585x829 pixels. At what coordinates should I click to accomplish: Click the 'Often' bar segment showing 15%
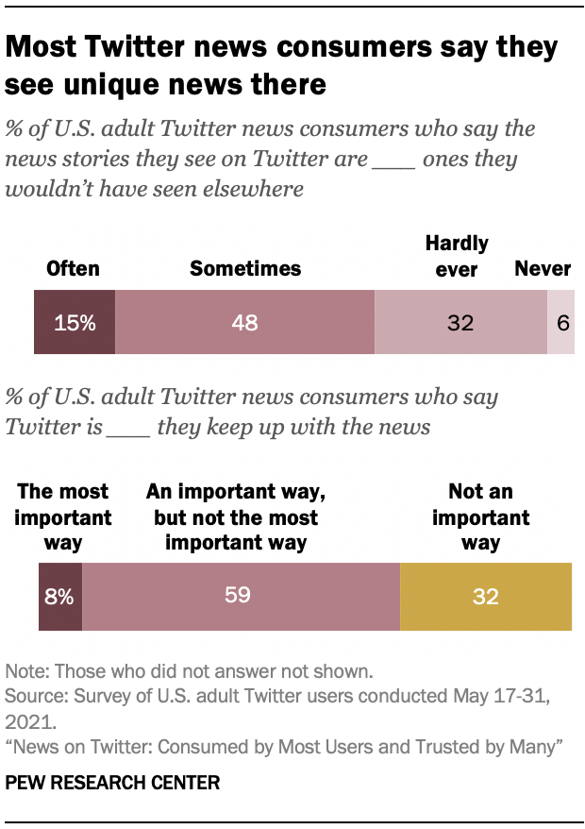(75, 322)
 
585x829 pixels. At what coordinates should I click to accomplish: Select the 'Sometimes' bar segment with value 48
(245, 322)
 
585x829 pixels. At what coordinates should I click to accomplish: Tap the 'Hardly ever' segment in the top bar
(460, 322)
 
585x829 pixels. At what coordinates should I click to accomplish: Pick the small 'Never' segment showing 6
(561, 322)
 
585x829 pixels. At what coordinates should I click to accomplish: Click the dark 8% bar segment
(60, 596)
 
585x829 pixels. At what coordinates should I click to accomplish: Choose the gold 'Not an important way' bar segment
(486, 596)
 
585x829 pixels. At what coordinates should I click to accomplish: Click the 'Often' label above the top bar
(73, 268)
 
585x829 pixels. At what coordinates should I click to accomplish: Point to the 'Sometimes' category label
(245, 268)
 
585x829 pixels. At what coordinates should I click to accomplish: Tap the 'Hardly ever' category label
(457, 256)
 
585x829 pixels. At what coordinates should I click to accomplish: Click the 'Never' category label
(543, 268)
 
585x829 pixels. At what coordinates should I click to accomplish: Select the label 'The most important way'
(63, 517)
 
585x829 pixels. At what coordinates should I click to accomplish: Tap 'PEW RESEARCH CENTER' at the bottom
(112, 783)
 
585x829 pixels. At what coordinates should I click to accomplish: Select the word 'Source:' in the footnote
(36, 697)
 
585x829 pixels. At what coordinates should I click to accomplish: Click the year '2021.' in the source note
(29, 722)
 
